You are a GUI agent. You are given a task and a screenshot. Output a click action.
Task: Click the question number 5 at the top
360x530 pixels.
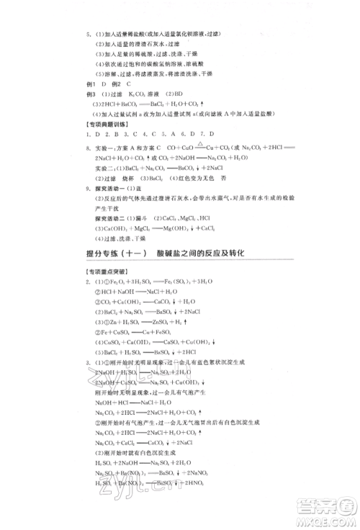(87, 34)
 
